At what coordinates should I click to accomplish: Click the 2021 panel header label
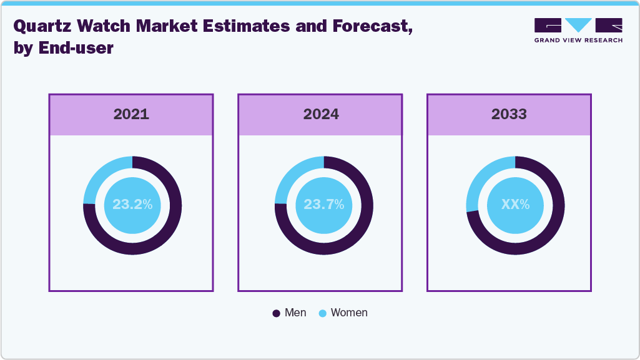131,114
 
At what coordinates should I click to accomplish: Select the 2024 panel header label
321,114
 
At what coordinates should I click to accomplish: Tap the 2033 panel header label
509,114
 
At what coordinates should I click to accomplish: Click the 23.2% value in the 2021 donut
132,204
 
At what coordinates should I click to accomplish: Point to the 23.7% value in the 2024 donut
323,204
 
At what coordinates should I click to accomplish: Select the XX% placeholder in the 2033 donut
515,204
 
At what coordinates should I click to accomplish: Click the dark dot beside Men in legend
276,313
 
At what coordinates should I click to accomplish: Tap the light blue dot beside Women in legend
322,313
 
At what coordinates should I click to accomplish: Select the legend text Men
295,313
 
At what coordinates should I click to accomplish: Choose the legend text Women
349,313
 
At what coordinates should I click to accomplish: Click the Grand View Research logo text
578,40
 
